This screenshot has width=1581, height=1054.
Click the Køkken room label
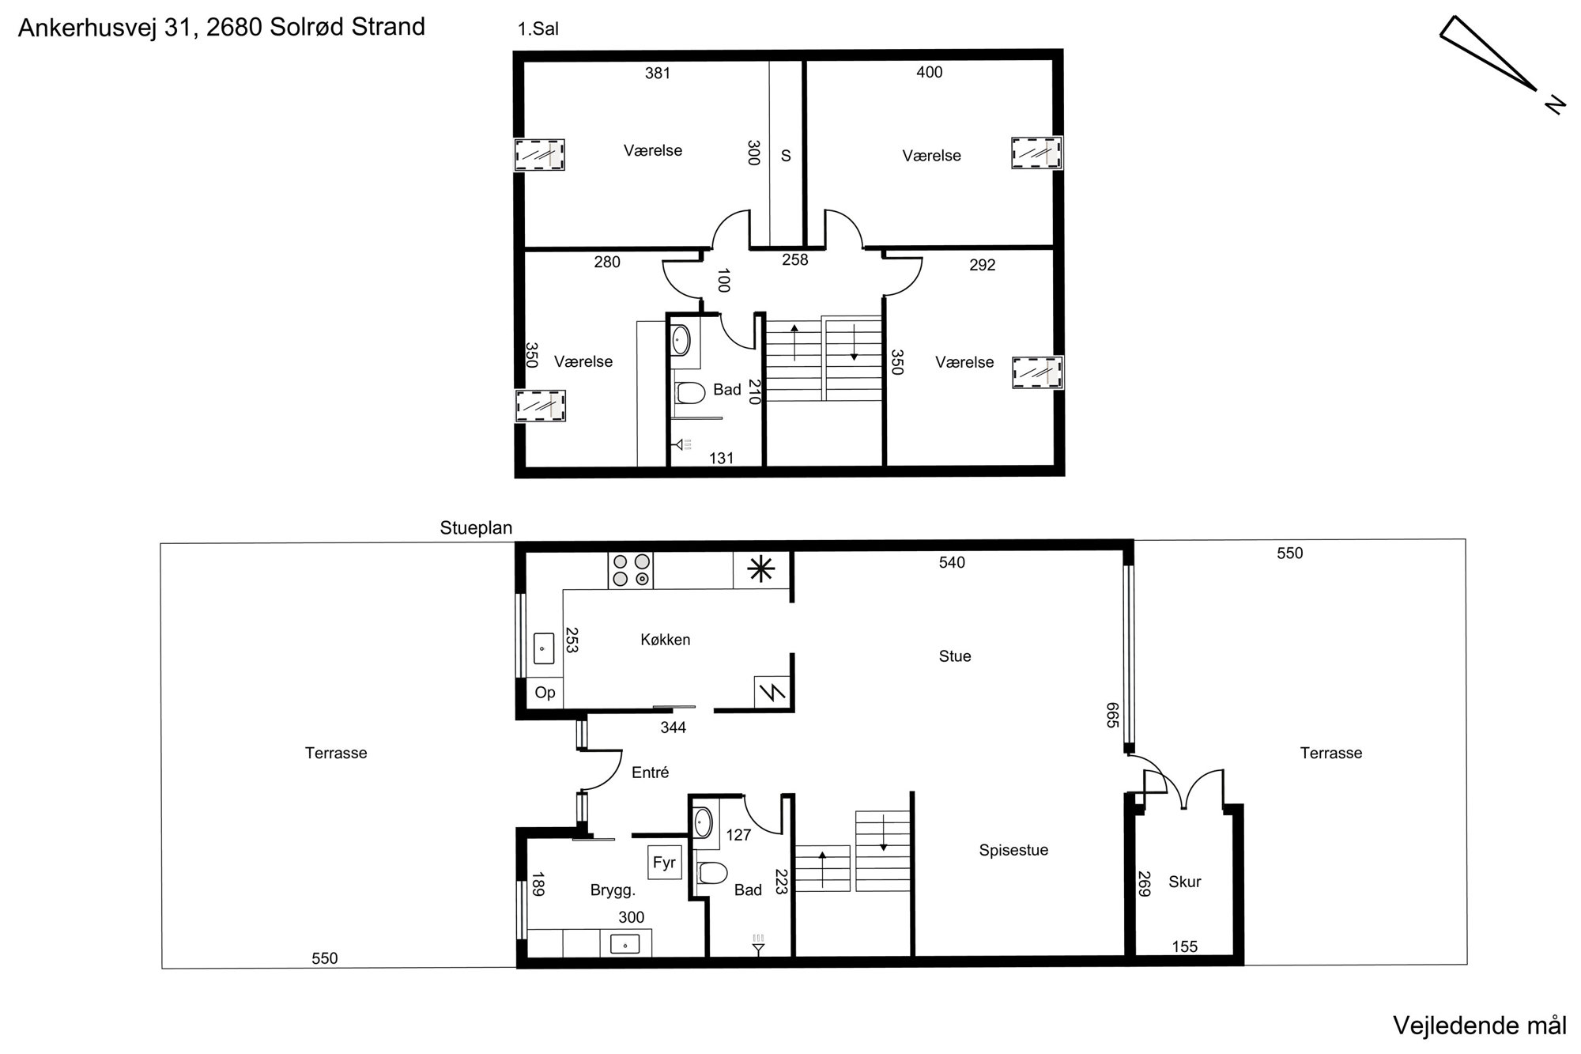pos(665,640)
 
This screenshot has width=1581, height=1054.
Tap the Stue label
pos(955,656)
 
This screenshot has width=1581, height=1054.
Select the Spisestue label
pos(1013,851)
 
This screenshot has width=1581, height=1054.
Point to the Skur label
pos(1185,882)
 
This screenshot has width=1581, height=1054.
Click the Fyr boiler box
pos(664,862)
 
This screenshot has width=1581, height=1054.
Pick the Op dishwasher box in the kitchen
pos(545,693)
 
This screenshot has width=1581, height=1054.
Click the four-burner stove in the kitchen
pos(631,570)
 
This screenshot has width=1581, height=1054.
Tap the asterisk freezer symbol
pos(761,569)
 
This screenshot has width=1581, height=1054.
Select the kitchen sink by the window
pos(543,648)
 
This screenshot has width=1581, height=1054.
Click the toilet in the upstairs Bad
pos(690,392)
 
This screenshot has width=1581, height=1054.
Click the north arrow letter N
pos(1555,104)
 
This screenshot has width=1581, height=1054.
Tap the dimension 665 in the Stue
pos(1113,715)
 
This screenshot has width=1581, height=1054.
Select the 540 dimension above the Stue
pos(952,562)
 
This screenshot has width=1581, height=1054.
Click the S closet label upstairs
pos(786,156)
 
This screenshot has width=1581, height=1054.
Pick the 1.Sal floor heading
pos(538,29)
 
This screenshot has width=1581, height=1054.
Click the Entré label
pos(650,773)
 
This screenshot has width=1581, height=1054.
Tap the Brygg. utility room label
pos(613,891)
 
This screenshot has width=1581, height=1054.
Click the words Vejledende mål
pos(1479,1026)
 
